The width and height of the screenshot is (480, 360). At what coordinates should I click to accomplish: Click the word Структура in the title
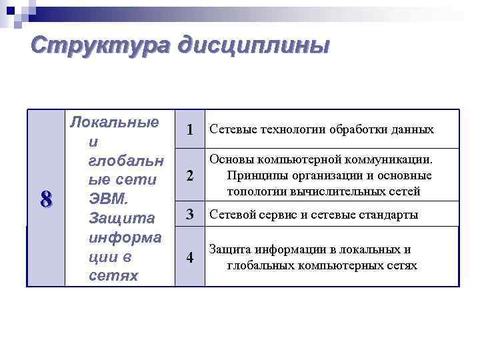[x=99, y=47]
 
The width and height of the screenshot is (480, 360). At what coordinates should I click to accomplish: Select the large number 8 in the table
[x=46, y=199]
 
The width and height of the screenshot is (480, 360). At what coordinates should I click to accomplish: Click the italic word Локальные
[x=115, y=122]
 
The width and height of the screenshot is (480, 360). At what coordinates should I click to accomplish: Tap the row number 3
[x=190, y=215]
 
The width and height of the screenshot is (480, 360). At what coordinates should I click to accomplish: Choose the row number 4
[x=190, y=258]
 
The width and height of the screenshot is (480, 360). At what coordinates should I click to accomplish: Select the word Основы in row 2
[x=230, y=160]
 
